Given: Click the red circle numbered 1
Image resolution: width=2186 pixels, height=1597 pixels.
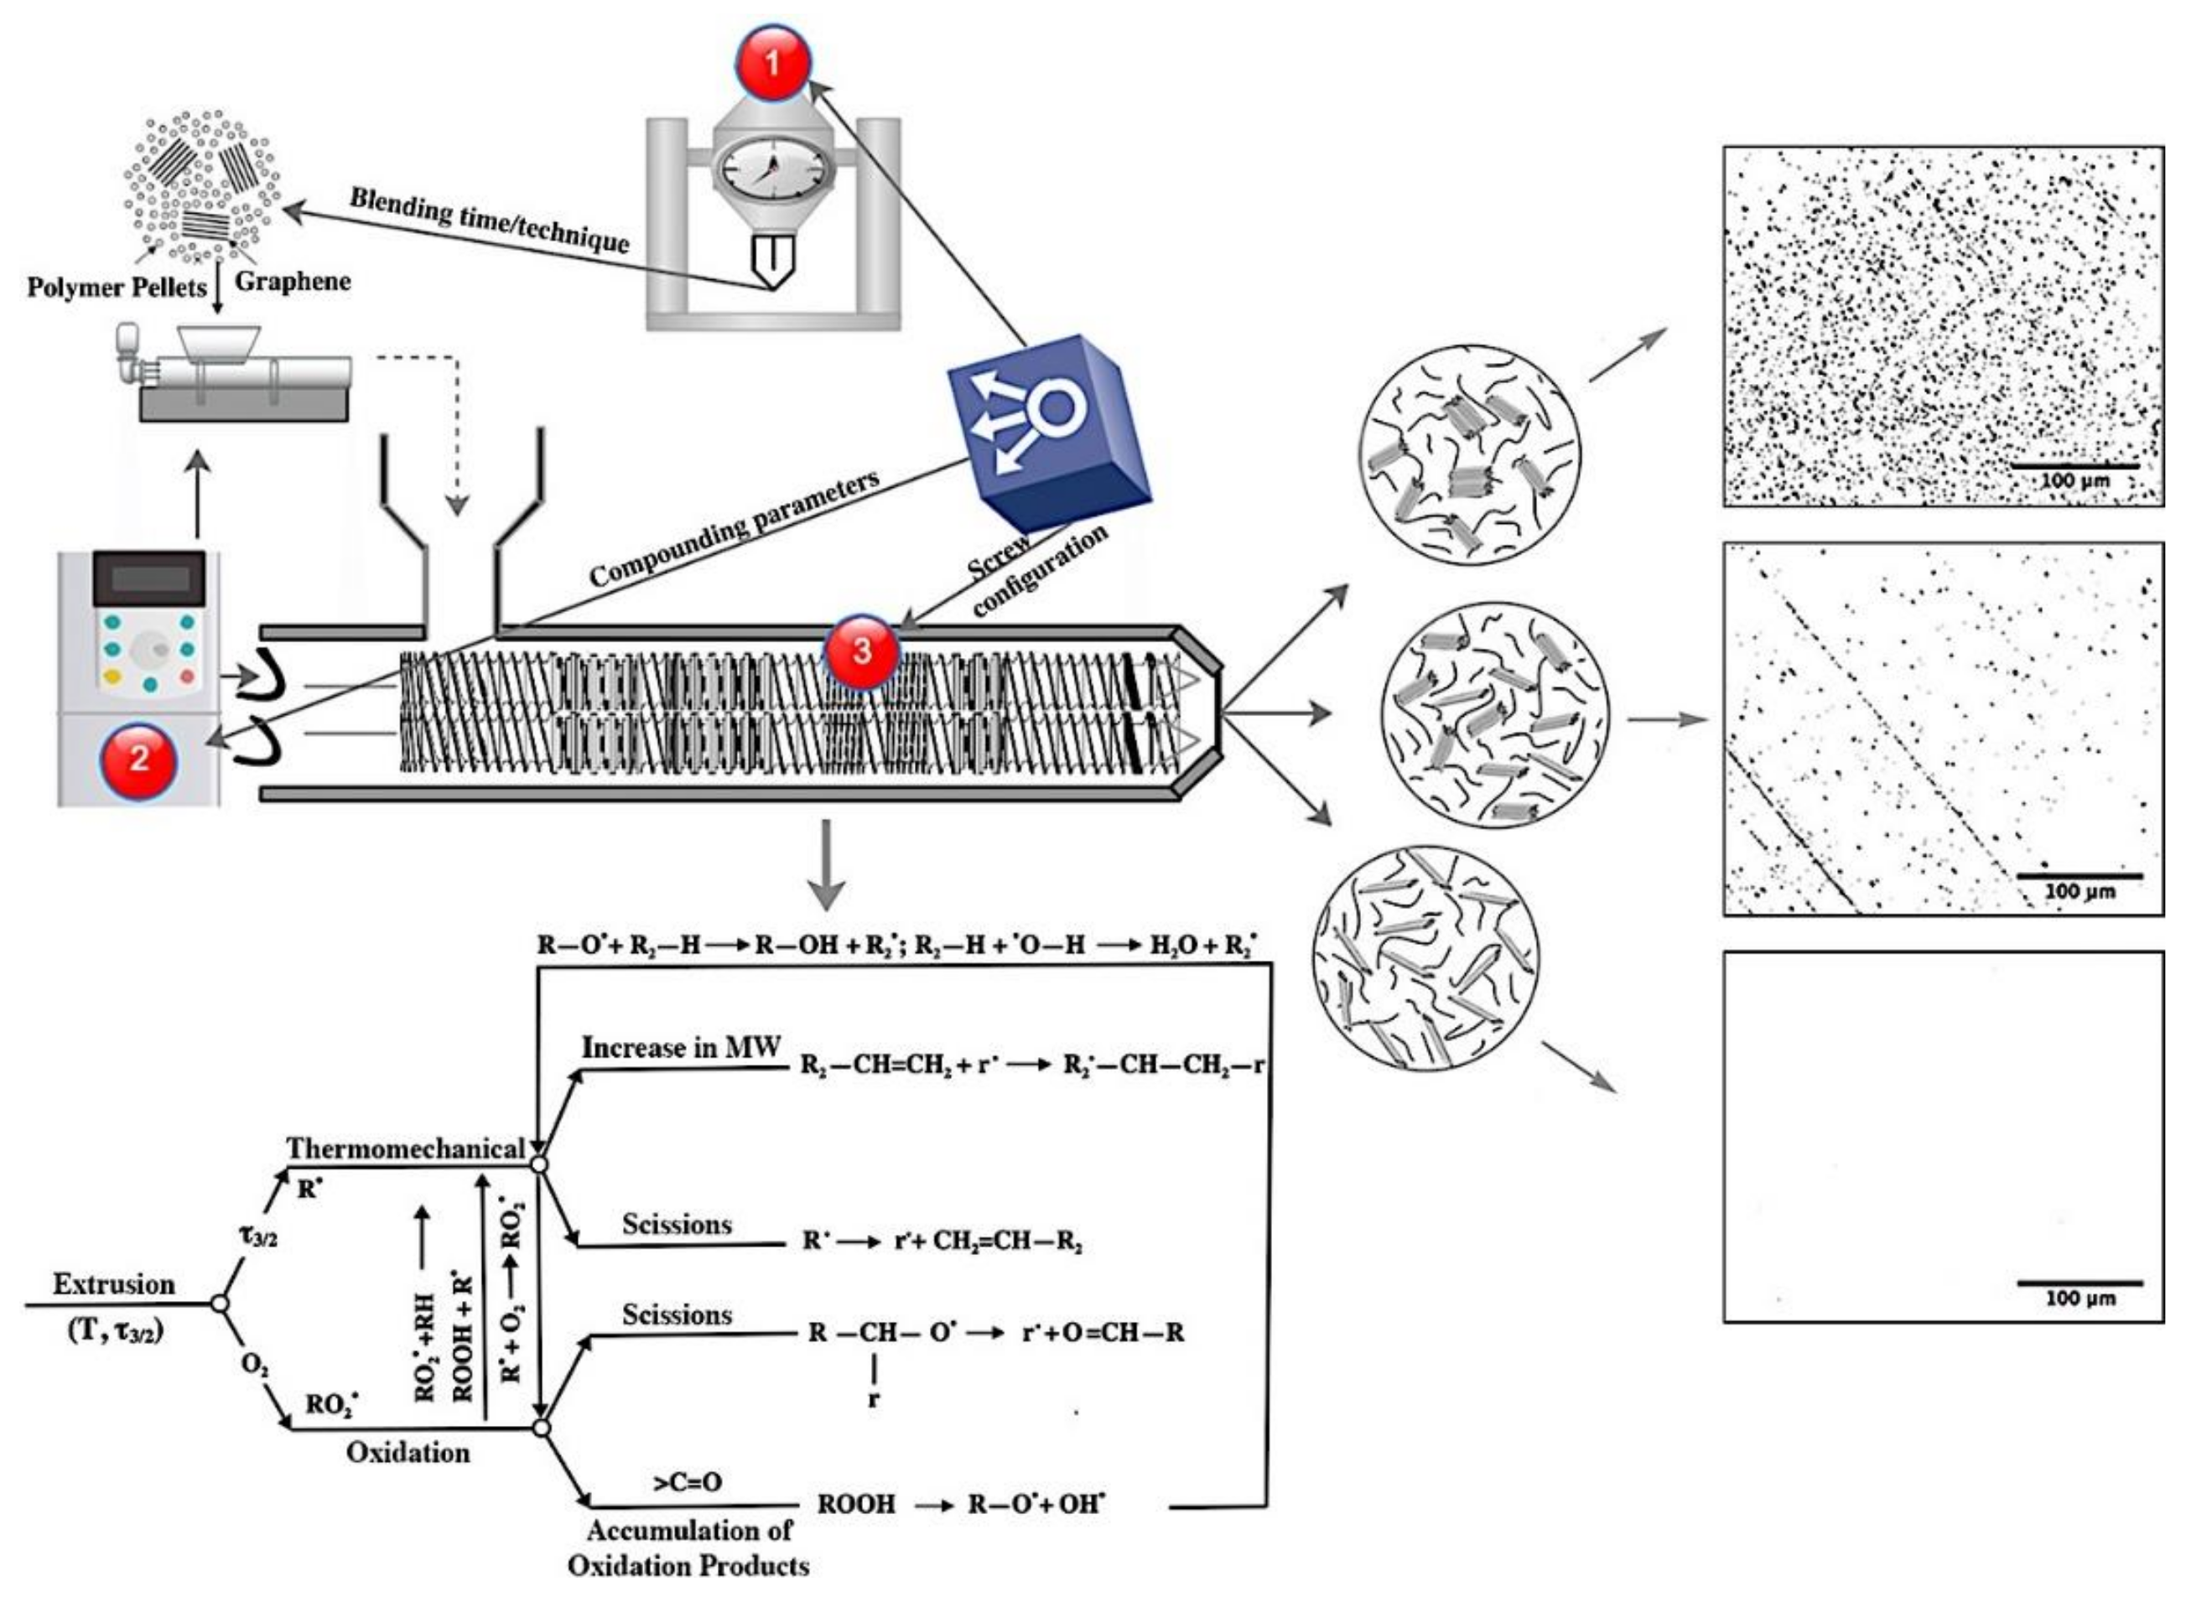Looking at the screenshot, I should [771, 63].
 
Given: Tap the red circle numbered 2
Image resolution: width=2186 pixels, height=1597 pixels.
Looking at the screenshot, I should [138, 759].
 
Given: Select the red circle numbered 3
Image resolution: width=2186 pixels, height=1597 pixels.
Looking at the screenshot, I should [859, 651].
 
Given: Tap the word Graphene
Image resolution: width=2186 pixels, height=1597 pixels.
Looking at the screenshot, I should [293, 283].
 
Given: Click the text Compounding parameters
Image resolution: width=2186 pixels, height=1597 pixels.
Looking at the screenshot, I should [735, 528].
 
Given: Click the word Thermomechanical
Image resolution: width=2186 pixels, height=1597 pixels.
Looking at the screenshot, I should [405, 1148].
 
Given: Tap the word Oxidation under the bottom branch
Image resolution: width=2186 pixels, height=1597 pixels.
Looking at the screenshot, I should [408, 1452].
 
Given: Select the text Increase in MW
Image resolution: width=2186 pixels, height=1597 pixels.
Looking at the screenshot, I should [681, 1048].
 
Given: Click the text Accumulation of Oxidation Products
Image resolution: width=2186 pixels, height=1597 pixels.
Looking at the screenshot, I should [688, 1548].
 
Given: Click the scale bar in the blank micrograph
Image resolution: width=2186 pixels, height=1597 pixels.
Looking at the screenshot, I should [2079, 1283].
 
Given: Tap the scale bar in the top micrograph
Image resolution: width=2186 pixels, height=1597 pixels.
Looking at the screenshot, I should [2074, 467].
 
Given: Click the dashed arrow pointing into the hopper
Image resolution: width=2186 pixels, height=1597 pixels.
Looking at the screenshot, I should [457, 435].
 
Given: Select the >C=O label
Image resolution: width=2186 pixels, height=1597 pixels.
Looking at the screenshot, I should [688, 1481].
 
